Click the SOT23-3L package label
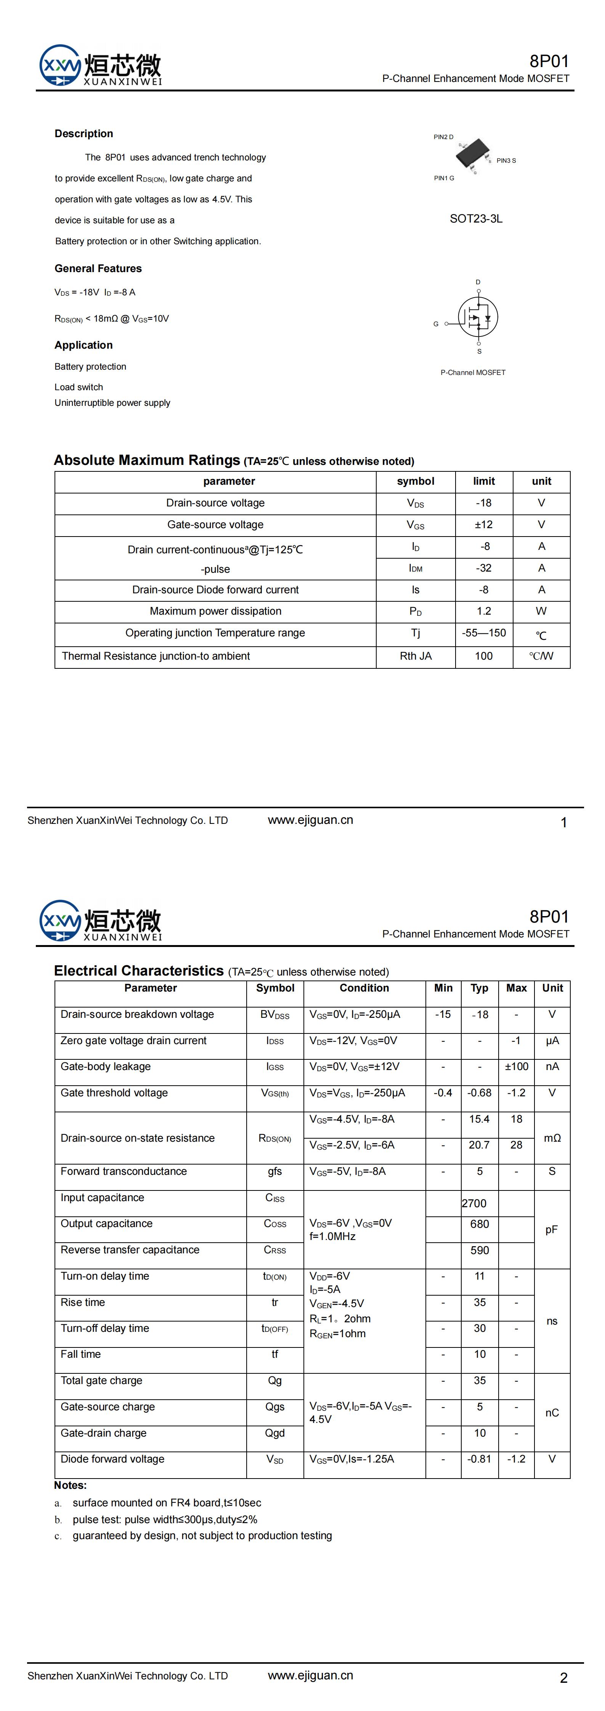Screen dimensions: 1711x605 [x=476, y=218]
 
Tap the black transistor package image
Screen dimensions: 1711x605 [x=471, y=154]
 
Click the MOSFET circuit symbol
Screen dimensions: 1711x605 [x=477, y=317]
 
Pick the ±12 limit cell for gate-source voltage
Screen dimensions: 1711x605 [x=483, y=525]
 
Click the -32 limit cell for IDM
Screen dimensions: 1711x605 [x=483, y=568]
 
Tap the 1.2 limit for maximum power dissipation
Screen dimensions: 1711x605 [x=483, y=611]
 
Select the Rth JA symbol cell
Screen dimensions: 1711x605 [x=416, y=656]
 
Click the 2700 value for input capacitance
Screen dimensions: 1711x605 [x=474, y=1203]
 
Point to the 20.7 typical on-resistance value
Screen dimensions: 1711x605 [x=479, y=1145]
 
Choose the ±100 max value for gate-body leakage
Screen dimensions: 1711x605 [x=516, y=1067]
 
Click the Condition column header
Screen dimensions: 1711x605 [x=364, y=988]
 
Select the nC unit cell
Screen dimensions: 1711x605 [x=552, y=1413]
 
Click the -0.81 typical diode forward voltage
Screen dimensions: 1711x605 [x=479, y=1459]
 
